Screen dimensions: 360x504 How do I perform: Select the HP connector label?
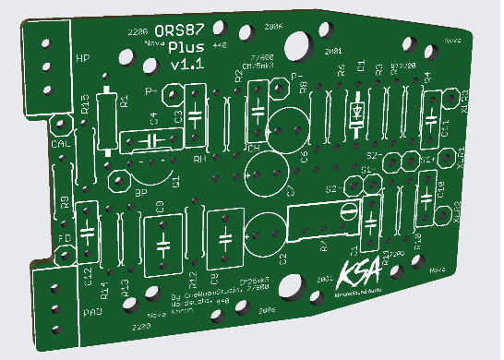pyautogui.click(x=82, y=60)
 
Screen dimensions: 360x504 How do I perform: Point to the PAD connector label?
pyautogui.click(x=92, y=313)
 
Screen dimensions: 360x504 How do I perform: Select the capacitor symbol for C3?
pyautogui.click(x=194, y=113)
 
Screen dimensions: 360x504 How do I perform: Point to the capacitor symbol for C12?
pyautogui.click(x=88, y=230)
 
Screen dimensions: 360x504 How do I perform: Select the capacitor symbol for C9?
pyautogui.click(x=163, y=245)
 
